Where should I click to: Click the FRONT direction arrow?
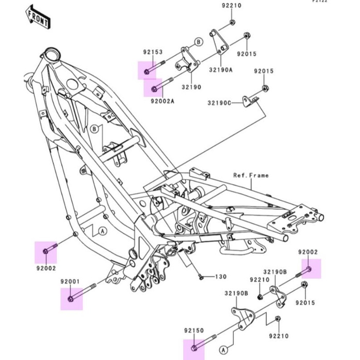tap(39, 17)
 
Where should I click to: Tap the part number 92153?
tap(153, 52)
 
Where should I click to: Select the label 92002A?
tap(162, 101)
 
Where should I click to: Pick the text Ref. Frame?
tap(251, 175)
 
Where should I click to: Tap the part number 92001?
tap(69, 281)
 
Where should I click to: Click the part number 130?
tap(221, 277)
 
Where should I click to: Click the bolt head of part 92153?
tap(146, 71)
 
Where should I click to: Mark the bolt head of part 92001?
tap(71, 299)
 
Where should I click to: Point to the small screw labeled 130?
tap(200, 276)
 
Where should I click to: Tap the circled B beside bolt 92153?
tap(198, 41)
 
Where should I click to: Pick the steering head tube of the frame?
tap(50, 55)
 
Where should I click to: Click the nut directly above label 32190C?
tap(264, 88)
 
